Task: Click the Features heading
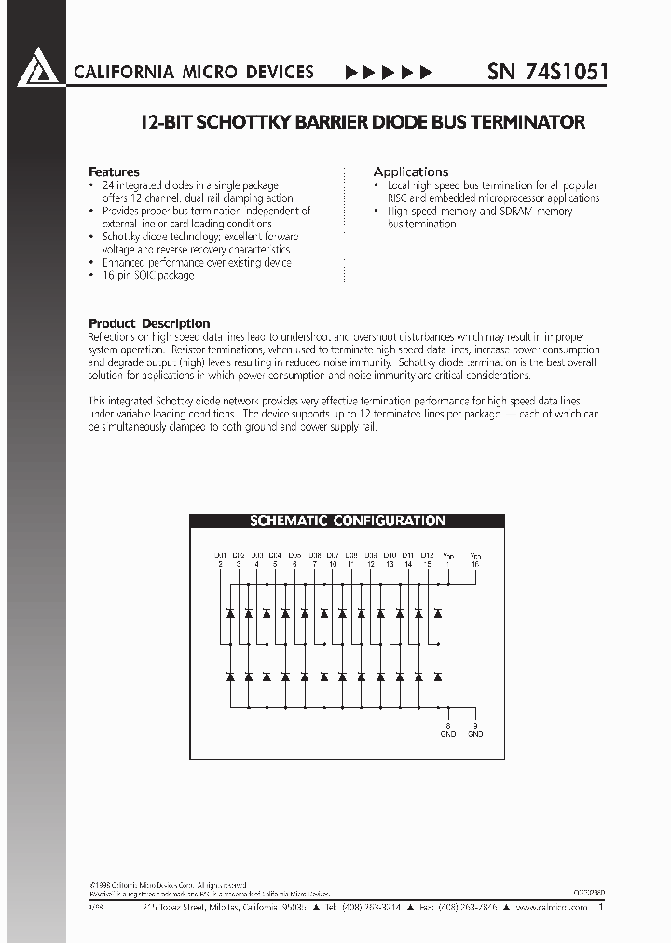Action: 114,172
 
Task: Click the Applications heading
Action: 411,172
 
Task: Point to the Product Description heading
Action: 149,323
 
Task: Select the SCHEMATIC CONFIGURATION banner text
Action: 347,521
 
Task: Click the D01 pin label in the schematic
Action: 221,555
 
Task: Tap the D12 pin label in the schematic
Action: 427,555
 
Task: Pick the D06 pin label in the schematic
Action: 314,555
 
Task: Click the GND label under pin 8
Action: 447,734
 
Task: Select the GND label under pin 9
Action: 475,734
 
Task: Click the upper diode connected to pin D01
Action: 230,613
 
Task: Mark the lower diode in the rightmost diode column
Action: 438,676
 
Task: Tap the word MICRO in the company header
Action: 192,72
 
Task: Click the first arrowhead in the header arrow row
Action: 351,72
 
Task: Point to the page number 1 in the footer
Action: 601,906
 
